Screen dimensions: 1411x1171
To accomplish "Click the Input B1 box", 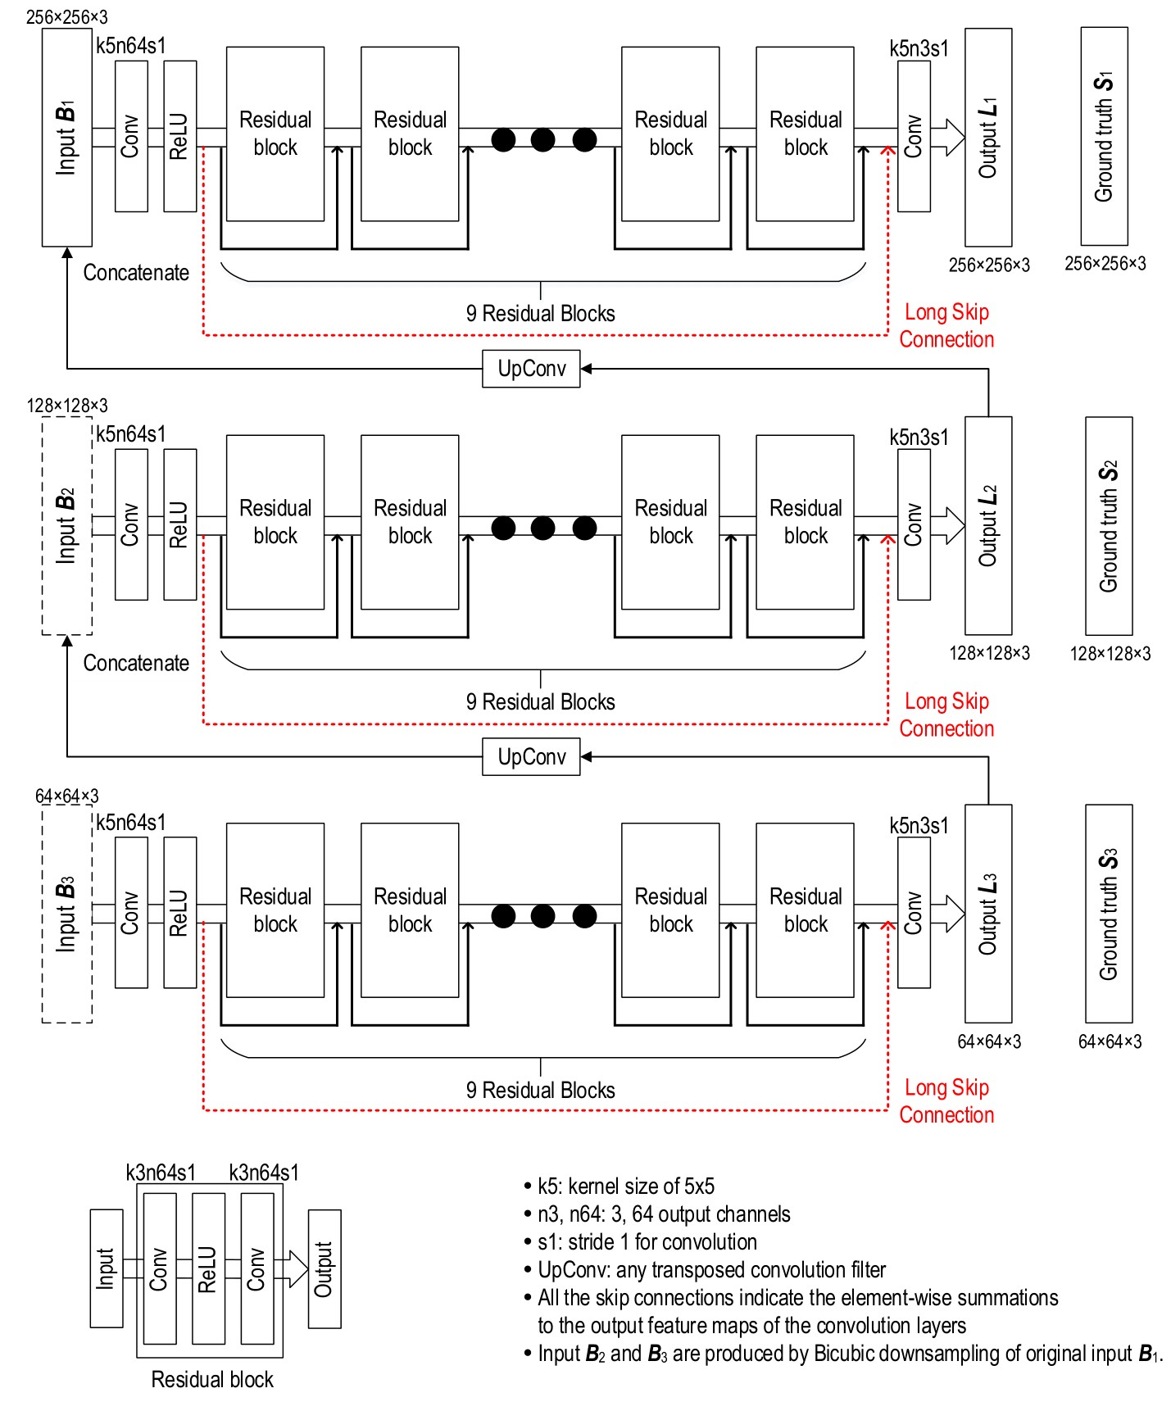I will pos(66,137).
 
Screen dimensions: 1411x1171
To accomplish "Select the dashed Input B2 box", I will pos(66,525).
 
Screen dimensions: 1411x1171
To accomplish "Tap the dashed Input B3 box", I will pos(66,914).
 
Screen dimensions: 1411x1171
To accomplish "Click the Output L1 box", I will pos(988,137).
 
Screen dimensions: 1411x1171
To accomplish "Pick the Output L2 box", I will pos(988,525).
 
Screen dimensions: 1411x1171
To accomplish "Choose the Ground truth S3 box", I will pos(1109,914).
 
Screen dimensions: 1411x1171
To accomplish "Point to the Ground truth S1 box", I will pos(1104,137).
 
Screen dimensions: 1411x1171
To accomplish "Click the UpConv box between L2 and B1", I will pos(531,369).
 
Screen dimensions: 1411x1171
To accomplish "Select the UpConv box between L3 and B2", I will pos(531,757).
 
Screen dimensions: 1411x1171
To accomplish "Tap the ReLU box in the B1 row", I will pos(179,137).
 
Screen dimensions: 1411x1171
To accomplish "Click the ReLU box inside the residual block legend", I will pos(208,1268).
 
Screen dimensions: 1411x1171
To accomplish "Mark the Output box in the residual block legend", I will pos(324,1268).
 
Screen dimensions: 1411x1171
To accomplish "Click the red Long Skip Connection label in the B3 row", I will pos(946,1100).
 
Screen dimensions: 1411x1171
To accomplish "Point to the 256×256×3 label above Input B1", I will pos(66,17).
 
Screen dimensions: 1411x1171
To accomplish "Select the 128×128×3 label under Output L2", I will pos(989,653).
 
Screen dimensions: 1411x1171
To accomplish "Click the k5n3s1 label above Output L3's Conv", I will pos(919,825).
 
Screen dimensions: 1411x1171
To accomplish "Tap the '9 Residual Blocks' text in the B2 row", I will pos(540,702).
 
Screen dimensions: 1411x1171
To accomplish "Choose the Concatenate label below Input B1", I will pos(136,273).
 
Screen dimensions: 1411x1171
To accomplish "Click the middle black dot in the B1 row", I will pos(542,140).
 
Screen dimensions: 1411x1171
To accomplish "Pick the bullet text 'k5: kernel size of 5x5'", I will pos(625,1186).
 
